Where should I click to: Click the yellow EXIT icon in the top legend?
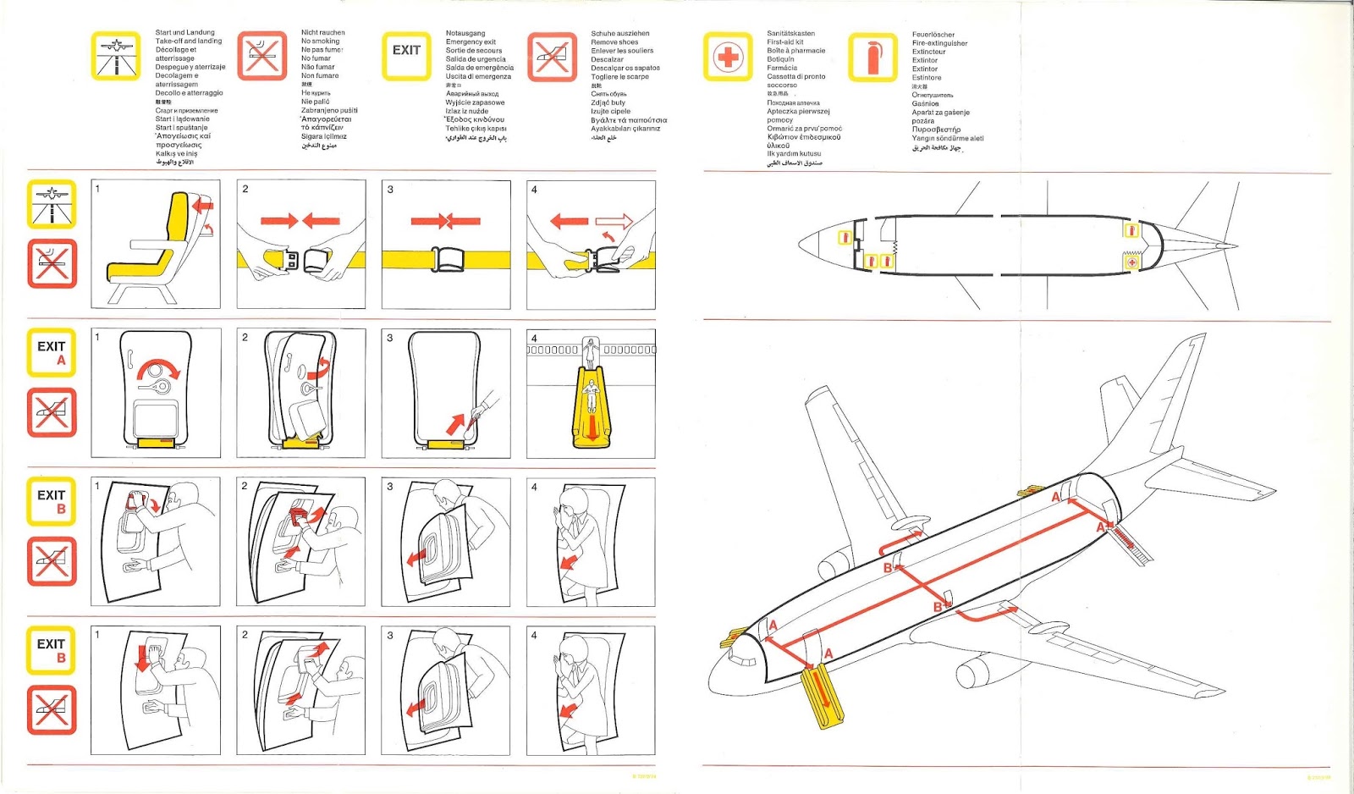click(x=406, y=56)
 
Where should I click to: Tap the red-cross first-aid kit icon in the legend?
click(x=727, y=57)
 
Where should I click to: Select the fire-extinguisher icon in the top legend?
click(x=872, y=58)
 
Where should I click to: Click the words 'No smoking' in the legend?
click(x=320, y=41)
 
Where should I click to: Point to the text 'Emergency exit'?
click(x=471, y=41)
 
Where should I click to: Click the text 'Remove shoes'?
click(x=614, y=41)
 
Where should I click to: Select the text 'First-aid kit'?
click(x=784, y=41)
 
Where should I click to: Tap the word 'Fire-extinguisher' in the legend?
click(x=939, y=43)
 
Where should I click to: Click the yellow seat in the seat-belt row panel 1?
click(x=161, y=245)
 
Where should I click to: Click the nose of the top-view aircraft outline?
click(x=804, y=245)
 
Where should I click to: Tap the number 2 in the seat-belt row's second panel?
click(x=245, y=189)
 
